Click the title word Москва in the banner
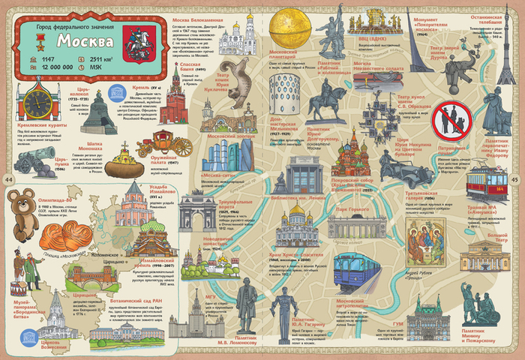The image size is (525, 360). [86, 40]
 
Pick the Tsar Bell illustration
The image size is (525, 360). [94, 112]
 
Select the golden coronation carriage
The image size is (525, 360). [154, 142]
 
